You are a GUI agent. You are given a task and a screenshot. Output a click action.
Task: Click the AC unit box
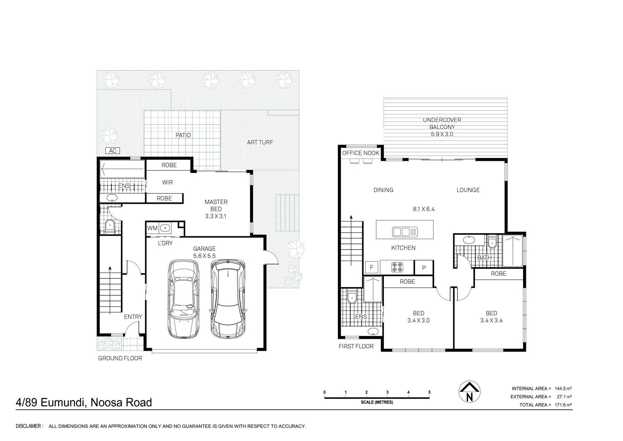click(113, 151)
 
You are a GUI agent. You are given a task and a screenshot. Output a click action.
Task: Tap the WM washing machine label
click(152, 228)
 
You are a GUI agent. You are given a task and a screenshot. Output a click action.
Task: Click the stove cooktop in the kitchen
click(397, 267)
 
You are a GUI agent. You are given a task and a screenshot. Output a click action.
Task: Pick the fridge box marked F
click(372, 268)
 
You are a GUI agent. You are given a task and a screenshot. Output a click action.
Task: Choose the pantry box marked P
click(424, 268)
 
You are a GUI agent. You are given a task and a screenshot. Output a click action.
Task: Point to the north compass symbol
click(470, 392)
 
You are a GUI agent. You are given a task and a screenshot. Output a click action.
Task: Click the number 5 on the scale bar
click(430, 392)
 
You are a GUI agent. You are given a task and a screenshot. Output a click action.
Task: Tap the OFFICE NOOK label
click(361, 153)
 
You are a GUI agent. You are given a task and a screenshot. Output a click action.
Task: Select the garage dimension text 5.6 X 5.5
click(204, 256)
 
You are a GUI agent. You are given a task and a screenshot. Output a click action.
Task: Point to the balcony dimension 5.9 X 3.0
click(442, 134)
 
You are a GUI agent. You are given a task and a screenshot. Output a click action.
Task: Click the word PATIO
click(183, 135)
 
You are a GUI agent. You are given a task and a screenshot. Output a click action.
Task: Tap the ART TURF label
click(260, 142)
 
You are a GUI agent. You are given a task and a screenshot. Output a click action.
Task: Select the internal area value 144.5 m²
click(563, 388)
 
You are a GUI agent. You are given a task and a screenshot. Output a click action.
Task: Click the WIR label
click(167, 183)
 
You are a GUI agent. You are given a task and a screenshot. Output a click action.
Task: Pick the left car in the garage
click(184, 299)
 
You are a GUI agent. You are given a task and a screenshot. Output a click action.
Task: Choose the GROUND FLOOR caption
click(120, 359)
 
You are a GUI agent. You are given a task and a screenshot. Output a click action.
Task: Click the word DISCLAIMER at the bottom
click(29, 426)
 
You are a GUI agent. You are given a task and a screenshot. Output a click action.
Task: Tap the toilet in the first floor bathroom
click(492, 242)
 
